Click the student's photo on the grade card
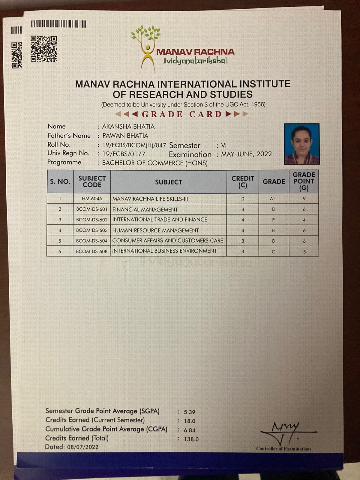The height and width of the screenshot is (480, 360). [301, 144]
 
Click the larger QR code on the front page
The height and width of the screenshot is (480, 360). [44, 49]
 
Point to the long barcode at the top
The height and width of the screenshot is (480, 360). [58, 24]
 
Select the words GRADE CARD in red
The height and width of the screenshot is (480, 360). [182, 114]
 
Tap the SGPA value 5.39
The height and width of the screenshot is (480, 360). [190, 412]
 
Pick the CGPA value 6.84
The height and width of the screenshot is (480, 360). [190, 430]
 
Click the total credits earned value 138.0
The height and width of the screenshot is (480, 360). [191, 439]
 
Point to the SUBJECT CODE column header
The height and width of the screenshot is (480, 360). [92, 181]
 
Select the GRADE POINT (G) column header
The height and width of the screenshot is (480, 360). [304, 181]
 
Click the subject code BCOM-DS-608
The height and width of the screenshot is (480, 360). [92, 251]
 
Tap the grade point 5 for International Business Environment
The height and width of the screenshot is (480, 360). [304, 252]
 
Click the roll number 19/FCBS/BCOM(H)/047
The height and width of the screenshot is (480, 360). [134, 145]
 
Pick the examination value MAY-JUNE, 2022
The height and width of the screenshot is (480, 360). [246, 154]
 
